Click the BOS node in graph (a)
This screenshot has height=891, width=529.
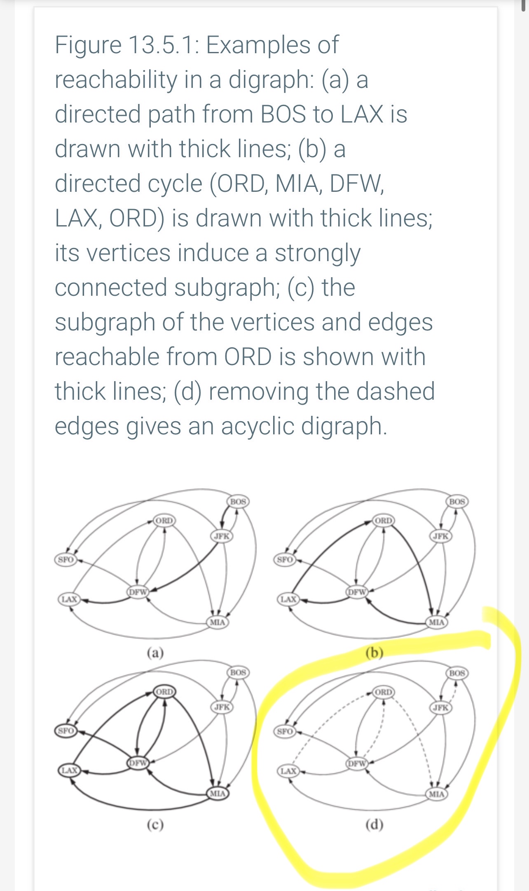(238, 502)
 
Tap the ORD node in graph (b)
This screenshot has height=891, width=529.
(384, 521)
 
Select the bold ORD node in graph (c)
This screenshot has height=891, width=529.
(164, 691)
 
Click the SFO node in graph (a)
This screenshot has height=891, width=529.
(66, 560)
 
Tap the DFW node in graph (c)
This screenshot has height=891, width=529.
(138, 763)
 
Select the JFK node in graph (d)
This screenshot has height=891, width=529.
(440, 707)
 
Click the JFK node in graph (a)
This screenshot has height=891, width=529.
(222, 536)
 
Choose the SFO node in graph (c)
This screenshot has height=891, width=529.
(66, 731)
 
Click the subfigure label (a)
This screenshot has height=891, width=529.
(155, 653)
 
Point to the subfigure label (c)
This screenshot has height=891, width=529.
(155, 825)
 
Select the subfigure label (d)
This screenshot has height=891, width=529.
(375, 825)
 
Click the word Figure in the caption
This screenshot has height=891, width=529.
(88, 45)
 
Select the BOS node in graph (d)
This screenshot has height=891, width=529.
(457, 673)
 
